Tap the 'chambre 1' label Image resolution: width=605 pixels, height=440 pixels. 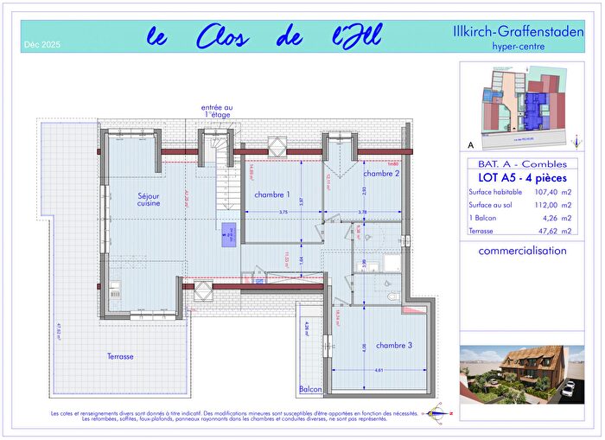[272, 194]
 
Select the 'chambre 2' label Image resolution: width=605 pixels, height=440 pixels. [380, 173]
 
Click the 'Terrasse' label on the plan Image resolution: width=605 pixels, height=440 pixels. [120, 356]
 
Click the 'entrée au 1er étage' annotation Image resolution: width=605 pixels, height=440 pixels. [218, 111]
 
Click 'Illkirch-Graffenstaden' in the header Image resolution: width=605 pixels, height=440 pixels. [518, 32]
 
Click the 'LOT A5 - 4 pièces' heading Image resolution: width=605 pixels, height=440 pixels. [517, 176]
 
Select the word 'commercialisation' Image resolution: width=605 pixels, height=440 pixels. [522, 251]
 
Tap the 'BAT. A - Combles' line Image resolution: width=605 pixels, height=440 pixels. [517, 163]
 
